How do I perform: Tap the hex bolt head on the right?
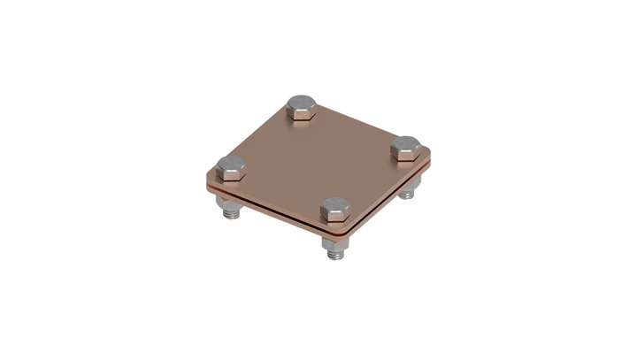pyautogui.click(x=408, y=146)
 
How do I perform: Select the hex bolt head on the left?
pyautogui.click(x=231, y=164)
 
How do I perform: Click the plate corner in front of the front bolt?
pyautogui.click(x=341, y=232)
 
